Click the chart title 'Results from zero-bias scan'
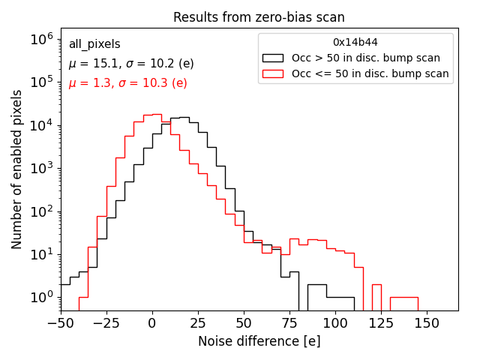(259, 17)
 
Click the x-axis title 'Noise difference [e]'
(259, 341)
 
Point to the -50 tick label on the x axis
(60, 323)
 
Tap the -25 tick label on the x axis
(106, 323)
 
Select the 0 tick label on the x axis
(152, 323)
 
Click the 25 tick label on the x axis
(198, 323)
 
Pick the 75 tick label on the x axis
(289, 323)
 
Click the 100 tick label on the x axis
(335, 323)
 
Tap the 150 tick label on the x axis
(427, 323)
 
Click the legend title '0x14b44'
(355, 43)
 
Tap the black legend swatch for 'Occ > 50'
(273, 58)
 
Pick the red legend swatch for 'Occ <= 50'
(273, 73)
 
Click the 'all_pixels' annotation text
(94, 44)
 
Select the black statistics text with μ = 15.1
(130, 64)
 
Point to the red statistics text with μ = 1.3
(127, 83)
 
